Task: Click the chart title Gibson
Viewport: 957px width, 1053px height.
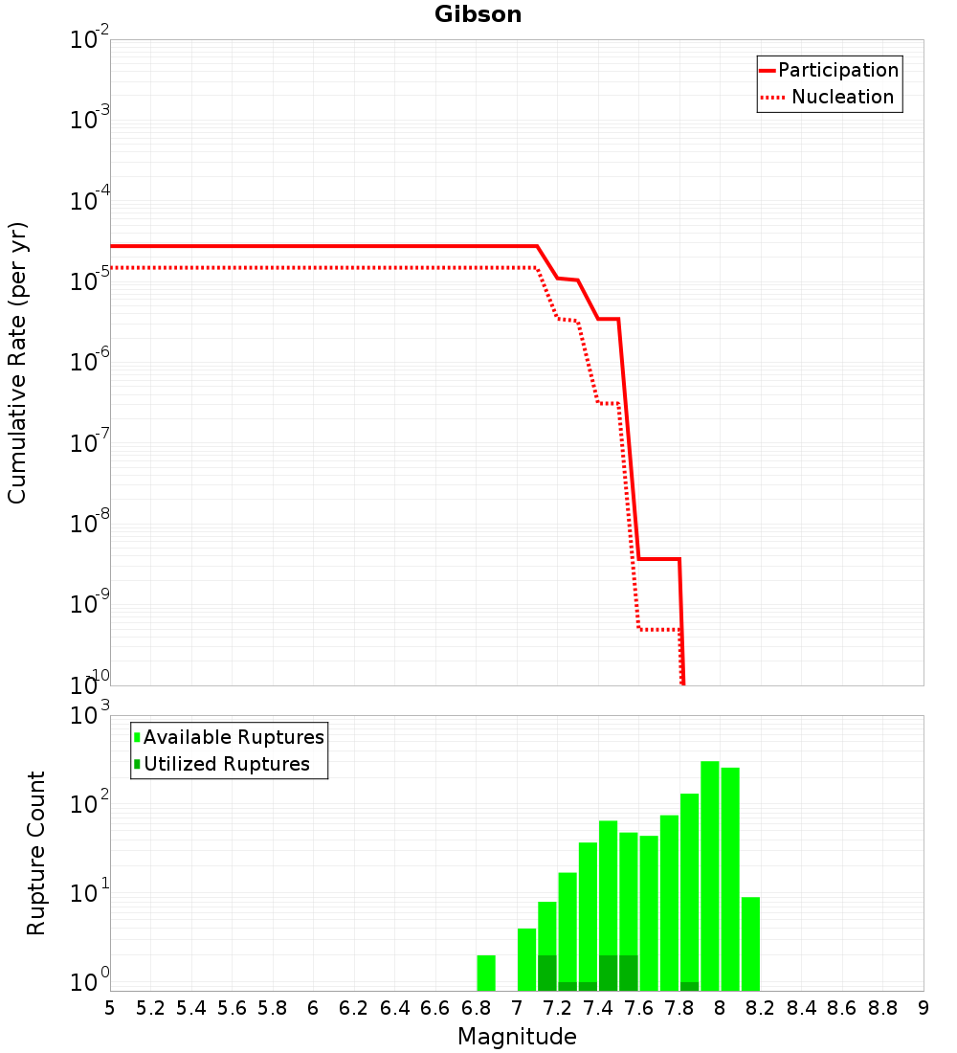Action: [478, 14]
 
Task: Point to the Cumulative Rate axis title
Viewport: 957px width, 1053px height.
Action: [18, 363]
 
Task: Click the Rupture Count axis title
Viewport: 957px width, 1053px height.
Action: [36, 853]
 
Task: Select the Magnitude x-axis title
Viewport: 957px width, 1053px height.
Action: [517, 1037]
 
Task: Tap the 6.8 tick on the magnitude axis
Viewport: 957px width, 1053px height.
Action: [476, 1008]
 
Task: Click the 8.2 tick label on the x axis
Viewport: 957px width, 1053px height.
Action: [761, 1008]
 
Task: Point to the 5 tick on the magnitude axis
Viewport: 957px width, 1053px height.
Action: [110, 1008]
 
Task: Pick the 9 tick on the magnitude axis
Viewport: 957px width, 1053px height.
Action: [924, 1008]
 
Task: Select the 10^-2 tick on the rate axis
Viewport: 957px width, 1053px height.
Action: [89, 40]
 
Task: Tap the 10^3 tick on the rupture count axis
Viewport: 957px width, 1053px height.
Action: [89, 715]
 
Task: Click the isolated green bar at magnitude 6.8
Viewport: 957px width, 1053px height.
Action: [486, 973]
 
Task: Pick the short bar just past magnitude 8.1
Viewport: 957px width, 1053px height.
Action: [750, 943]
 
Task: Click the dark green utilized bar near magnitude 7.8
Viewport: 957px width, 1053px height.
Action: [689, 986]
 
